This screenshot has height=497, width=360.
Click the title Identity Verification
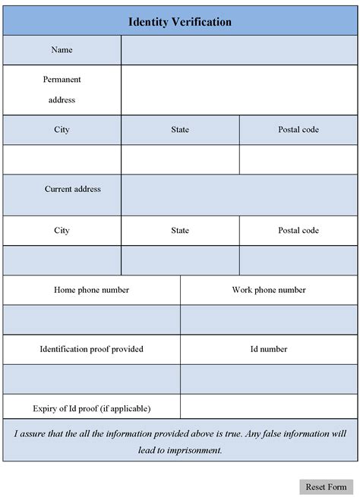click(x=180, y=23)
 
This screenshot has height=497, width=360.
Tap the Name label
click(x=62, y=50)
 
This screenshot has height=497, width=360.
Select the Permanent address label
click(x=62, y=90)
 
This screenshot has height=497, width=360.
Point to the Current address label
click(x=72, y=189)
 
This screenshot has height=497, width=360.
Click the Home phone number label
click(x=91, y=290)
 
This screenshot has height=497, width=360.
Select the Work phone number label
click(x=269, y=290)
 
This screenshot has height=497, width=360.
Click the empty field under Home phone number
click(x=91, y=319)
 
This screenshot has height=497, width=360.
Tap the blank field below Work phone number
click(x=269, y=319)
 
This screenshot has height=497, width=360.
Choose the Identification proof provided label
click(x=91, y=349)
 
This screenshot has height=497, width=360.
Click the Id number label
click(x=269, y=349)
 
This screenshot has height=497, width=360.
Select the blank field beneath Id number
click(x=269, y=379)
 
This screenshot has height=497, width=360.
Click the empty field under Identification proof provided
click(x=91, y=379)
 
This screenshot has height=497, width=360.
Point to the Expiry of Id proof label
click(x=91, y=408)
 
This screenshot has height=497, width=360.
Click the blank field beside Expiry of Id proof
click(x=269, y=408)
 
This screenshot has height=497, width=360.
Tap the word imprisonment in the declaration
click(x=192, y=450)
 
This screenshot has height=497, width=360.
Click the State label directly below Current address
click(x=180, y=231)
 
